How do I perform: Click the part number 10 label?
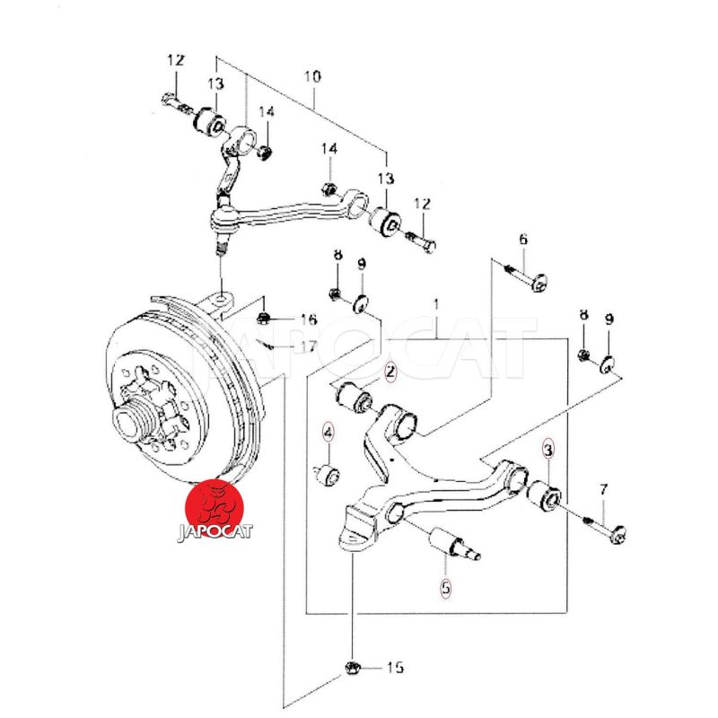tap(311, 77)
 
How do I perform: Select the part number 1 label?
tap(436, 305)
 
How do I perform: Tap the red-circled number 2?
tap(390, 370)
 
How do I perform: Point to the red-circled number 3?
tap(548, 446)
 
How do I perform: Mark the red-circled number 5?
tap(446, 589)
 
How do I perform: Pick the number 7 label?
tap(604, 490)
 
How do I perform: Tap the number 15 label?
tap(395, 668)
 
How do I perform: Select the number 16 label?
tap(308, 320)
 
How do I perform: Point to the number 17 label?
tap(308, 346)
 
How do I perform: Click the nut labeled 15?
tap(353, 667)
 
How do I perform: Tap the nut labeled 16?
tap(265, 318)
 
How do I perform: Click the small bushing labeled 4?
tap(329, 473)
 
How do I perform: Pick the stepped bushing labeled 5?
tap(454, 543)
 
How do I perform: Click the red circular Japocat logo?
tap(218, 503)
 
